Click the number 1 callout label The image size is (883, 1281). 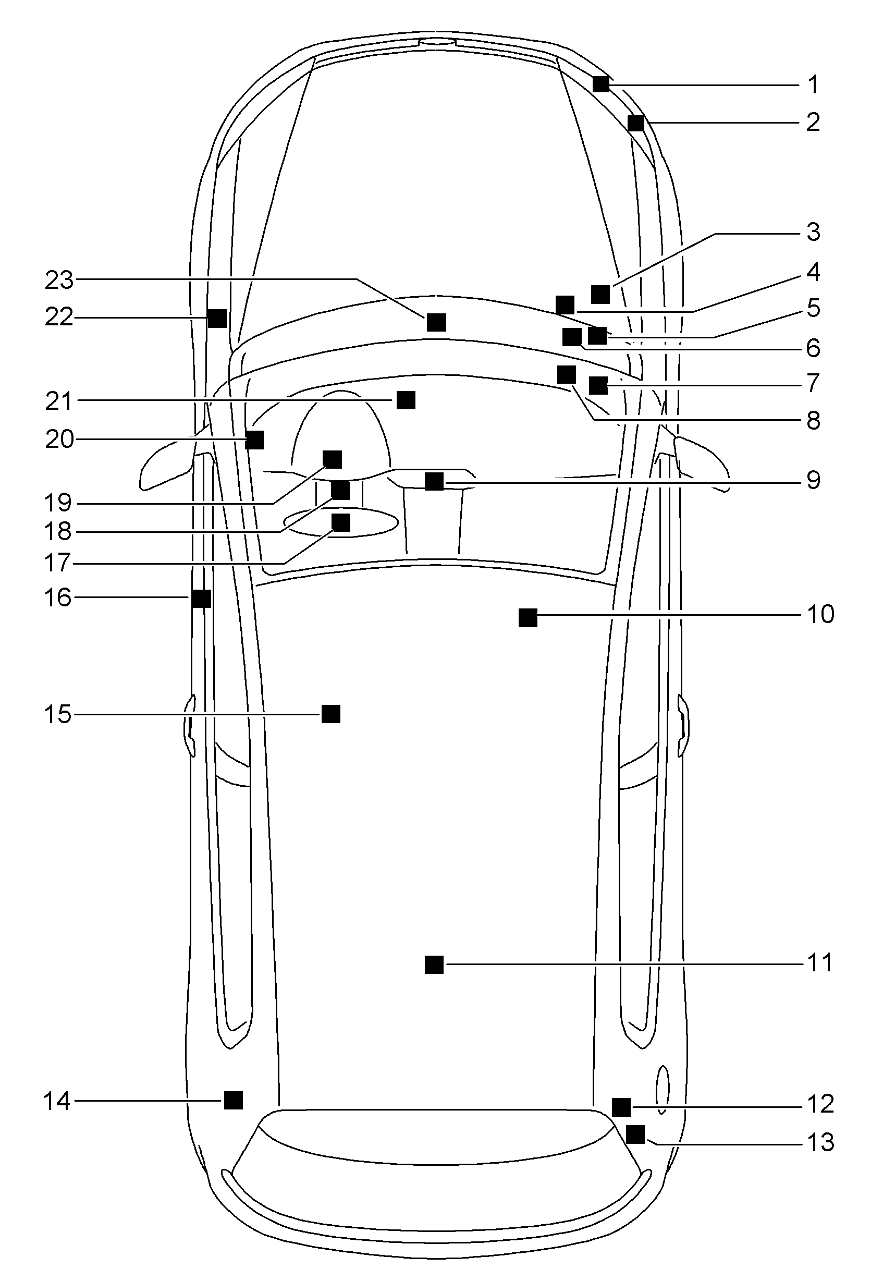pyautogui.click(x=813, y=85)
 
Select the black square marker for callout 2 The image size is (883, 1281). pyautogui.click(x=636, y=123)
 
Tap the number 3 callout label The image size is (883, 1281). pyautogui.click(x=813, y=232)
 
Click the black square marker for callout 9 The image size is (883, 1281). pyautogui.click(x=434, y=481)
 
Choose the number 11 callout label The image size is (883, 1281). pyautogui.click(x=820, y=963)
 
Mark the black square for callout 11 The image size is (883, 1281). pyautogui.click(x=434, y=965)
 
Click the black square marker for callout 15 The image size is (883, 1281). pyautogui.click(x=331, y=714)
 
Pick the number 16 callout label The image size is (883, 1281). pyautogui.click(x=58, y=597)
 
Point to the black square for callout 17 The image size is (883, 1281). pyautogui.click(x=341, y=522)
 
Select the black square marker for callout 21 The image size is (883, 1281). pyautogui.click(x=406, y=399)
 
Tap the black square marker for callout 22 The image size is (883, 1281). pyautogui.click(x=217, y=318)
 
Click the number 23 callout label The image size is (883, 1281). pyautogui.click(x=59, y=280)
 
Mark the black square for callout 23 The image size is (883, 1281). pyautogui.click(x=436, y=322)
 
